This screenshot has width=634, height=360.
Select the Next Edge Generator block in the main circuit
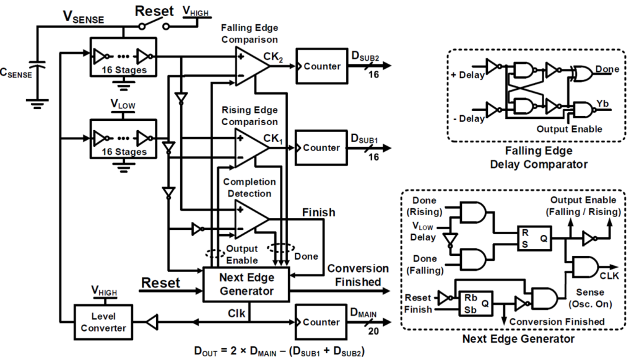pyautogui.click(x=246, y=285)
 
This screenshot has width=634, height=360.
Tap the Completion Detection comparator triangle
pyautogui.click(x=250, y=219)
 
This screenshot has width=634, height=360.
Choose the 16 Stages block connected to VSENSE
pyautogui.click(x=124, y=58)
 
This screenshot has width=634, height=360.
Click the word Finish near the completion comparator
pyautogui.click(x=318, y=213)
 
